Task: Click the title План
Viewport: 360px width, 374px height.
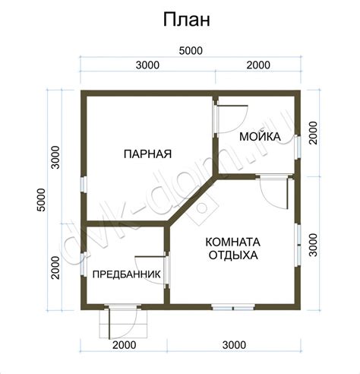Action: [x=187, y=20]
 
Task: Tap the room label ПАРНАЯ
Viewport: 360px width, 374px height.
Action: [x=148, y=154]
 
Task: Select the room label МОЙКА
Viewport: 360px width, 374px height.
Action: [x=260, y=137]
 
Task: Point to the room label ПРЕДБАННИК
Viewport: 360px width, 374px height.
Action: [x=126, y=274]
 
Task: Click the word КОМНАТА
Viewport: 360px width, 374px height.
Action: [x=232, y=242]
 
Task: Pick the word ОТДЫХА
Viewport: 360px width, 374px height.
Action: [x=233, y=255]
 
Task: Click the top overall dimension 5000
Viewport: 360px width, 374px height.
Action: [x=191, y=51]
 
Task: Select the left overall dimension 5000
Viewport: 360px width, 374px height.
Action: [x=41, y=200]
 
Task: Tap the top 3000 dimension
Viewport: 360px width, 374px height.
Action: [x=147, y=65]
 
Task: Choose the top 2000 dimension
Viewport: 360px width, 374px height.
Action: [x=258, y=65]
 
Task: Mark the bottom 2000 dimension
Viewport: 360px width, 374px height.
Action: [x=124, y=345]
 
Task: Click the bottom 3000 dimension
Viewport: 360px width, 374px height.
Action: [x=234, y=345]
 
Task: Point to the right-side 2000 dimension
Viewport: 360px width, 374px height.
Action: [x=313, y=133]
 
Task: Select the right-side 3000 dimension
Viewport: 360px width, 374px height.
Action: [x=313, y=245]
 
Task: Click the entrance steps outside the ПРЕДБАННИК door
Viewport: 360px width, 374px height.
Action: [x=123, y=324]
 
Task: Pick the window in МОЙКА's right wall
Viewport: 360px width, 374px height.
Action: [x=298, y=147]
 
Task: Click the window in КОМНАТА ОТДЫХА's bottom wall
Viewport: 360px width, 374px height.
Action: [x=233, y=308]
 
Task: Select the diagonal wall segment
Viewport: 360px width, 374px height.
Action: [x=192, y=200]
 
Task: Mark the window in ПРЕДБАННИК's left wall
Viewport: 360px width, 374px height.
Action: [x=84, y=264]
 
